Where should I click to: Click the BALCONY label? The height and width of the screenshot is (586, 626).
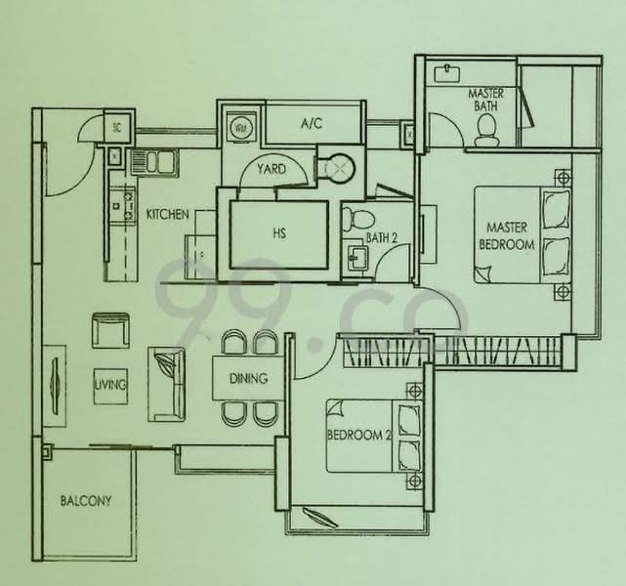click(x=85, y=501)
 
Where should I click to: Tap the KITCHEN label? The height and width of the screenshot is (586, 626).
click(x=168, y=214)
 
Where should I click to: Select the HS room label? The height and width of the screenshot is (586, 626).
click(x=279, y=233)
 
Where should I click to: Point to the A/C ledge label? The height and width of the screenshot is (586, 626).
click(x=312, y=123)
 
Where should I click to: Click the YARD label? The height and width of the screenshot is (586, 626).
click(x=271, y=169)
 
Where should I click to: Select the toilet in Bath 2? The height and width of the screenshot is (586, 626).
click(x=358, y=218)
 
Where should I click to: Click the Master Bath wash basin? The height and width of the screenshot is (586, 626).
click(x=446, y=74)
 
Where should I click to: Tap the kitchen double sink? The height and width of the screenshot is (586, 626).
click(x=154, y=162)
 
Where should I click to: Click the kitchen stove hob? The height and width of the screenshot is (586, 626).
click(x=123, y=205)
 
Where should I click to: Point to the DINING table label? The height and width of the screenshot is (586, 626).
click(x=248, y=378)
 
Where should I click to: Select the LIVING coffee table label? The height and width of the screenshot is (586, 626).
click(x=110, y=385)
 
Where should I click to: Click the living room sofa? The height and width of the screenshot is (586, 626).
click(x=167, y=384)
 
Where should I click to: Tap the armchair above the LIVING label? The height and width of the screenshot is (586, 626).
click(x=110, y=330)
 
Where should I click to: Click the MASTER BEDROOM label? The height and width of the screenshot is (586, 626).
click(x=507, y=235)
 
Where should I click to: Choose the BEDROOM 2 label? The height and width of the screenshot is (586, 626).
click(x=359, y=435)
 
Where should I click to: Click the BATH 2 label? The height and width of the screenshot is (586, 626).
click(x=382, y=238)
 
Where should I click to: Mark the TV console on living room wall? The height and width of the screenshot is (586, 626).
click(x=55, y=386)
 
